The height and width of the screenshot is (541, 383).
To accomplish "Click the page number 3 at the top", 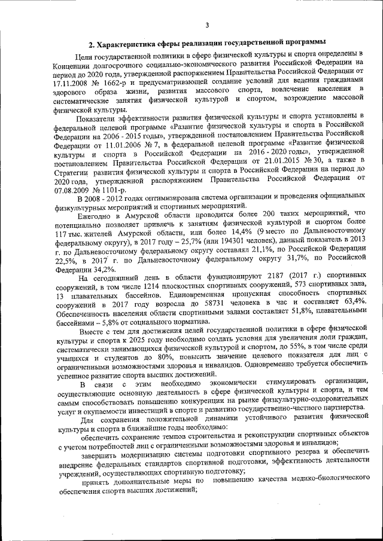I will (x=206, y=25).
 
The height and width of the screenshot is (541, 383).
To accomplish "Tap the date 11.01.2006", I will (x=119, y=143).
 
